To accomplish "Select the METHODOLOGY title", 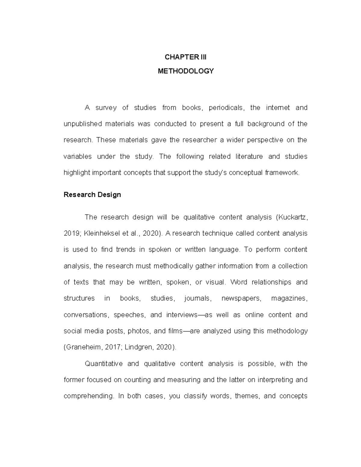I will (186, 71).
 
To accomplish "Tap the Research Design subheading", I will (92, 195).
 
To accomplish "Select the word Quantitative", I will (103, 364).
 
